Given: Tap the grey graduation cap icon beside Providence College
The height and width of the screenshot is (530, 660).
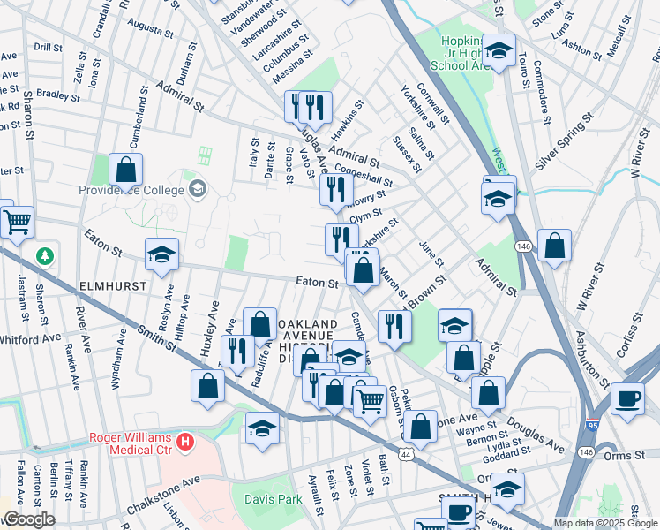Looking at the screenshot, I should [x=197, y=188].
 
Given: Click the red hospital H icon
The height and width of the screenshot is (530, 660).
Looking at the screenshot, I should [x=185, y=440].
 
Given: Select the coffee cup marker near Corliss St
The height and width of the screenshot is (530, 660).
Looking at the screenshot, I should [x=627, y=398].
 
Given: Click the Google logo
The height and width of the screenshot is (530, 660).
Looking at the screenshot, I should [x=28, y=520].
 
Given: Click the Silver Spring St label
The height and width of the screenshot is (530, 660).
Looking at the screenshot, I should [x=565, y=141].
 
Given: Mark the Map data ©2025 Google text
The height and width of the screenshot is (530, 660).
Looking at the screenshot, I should [x=605, y=523].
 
